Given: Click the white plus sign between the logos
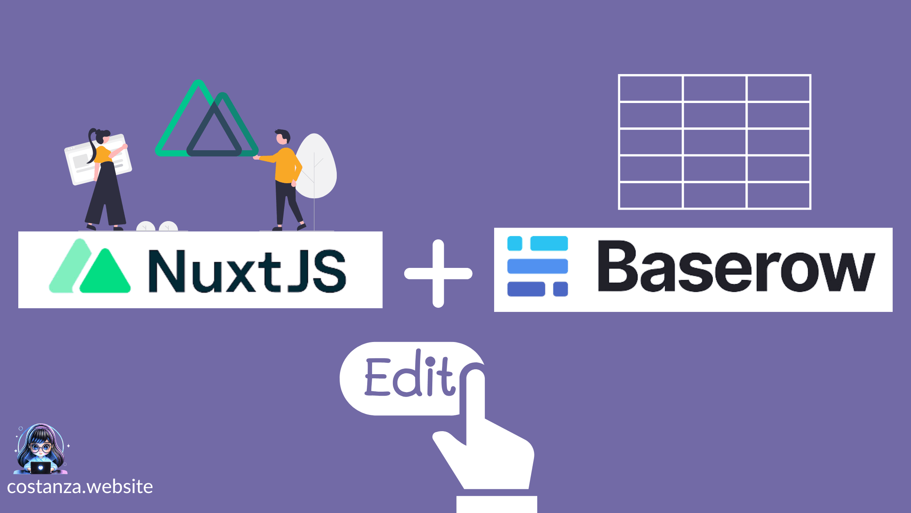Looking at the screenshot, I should point(438,273).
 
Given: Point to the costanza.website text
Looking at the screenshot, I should point(80,487).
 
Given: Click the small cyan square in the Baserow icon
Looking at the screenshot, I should point(514,243).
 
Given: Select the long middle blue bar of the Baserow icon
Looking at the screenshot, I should point(537,266).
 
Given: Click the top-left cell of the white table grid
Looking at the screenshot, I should point(650,88).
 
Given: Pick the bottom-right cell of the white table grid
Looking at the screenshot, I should point(778,195).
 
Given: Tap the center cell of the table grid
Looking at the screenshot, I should point(715,142).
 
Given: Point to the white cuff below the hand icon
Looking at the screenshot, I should point(497,504).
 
